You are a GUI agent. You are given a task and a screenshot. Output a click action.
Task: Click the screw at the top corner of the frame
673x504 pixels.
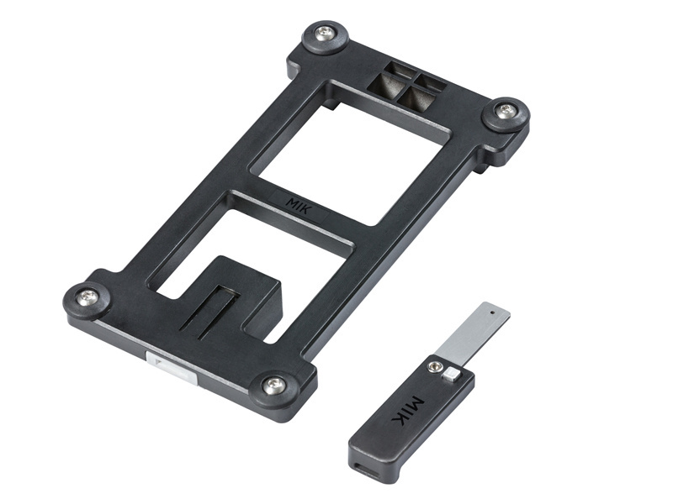click(325, 34)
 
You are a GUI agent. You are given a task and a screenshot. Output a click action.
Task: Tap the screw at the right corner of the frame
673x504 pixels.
click(505, 111)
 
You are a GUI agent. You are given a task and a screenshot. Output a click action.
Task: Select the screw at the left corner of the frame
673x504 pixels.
click(87, 297)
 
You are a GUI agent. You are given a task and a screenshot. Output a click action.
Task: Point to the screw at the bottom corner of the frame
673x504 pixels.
click(273, 386)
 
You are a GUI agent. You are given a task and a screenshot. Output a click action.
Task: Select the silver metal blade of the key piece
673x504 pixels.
click(472, 330)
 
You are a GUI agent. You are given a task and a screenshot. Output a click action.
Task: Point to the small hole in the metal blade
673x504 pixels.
click(493, 312)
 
